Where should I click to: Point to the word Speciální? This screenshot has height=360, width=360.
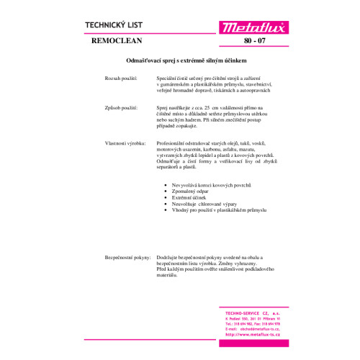click(168, 76)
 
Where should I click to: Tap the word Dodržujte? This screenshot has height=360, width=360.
click(168, 256)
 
